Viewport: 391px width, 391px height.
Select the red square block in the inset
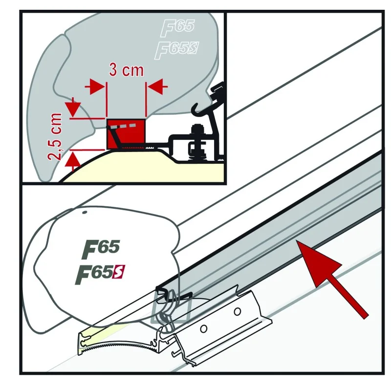[126, 133]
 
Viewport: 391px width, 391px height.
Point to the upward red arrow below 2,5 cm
[73, 160]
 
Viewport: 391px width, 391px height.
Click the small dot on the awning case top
[85, 213]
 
